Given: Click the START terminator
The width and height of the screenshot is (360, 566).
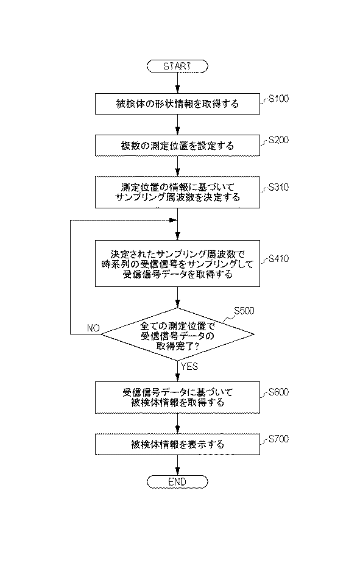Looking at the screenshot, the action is tap(177, 66).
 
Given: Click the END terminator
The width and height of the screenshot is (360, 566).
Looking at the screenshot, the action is tap(177, 482).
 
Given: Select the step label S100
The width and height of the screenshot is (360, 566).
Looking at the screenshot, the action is tap(278, 99).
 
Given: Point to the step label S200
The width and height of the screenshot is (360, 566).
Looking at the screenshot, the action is tap(278, 140).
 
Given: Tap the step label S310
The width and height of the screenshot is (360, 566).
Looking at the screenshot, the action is tap(278, 187).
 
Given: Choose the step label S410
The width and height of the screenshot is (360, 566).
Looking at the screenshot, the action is tap(278, 259).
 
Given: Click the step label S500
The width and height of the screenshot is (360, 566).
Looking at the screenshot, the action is tap(244, 311).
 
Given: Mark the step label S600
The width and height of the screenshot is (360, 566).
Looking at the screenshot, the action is tap(278, 392).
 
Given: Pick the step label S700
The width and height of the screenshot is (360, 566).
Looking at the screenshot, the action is tap(278, 439).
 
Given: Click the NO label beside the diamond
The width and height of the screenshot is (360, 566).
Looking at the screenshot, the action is tap(93, 328).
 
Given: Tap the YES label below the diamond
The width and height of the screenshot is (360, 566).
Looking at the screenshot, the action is tap(189, 367).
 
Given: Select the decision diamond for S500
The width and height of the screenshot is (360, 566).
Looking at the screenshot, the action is tap(177, 334).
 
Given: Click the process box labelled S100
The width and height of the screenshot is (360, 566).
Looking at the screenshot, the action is tap(177, 104).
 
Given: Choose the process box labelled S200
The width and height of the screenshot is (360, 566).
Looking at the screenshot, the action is tap(177, 146).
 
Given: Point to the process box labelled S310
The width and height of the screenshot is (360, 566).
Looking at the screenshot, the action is tap(177, 192).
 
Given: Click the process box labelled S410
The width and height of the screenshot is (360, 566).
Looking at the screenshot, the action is tap(177, 264).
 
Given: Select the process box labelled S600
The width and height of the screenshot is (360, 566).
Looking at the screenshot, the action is tap(177, 397).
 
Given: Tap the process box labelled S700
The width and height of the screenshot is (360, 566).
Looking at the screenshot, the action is tap(177, 444).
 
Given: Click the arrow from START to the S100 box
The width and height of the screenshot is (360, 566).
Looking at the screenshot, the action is tap(177, 83).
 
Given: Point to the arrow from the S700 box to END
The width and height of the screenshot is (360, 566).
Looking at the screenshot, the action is tap(177, 465).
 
